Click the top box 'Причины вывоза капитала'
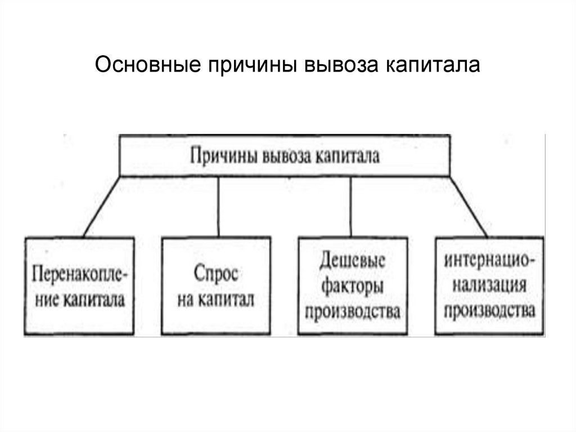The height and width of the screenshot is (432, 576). (x=284, y=155)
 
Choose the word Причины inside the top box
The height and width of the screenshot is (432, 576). (x=222, y=155)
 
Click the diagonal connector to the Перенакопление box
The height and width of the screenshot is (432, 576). (x=101, y=206)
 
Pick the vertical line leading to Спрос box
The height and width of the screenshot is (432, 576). (x=218, y=206)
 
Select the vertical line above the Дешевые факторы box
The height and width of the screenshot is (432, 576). (x=351, y=206)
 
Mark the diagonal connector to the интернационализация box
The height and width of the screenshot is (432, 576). (x=469, y=206)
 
